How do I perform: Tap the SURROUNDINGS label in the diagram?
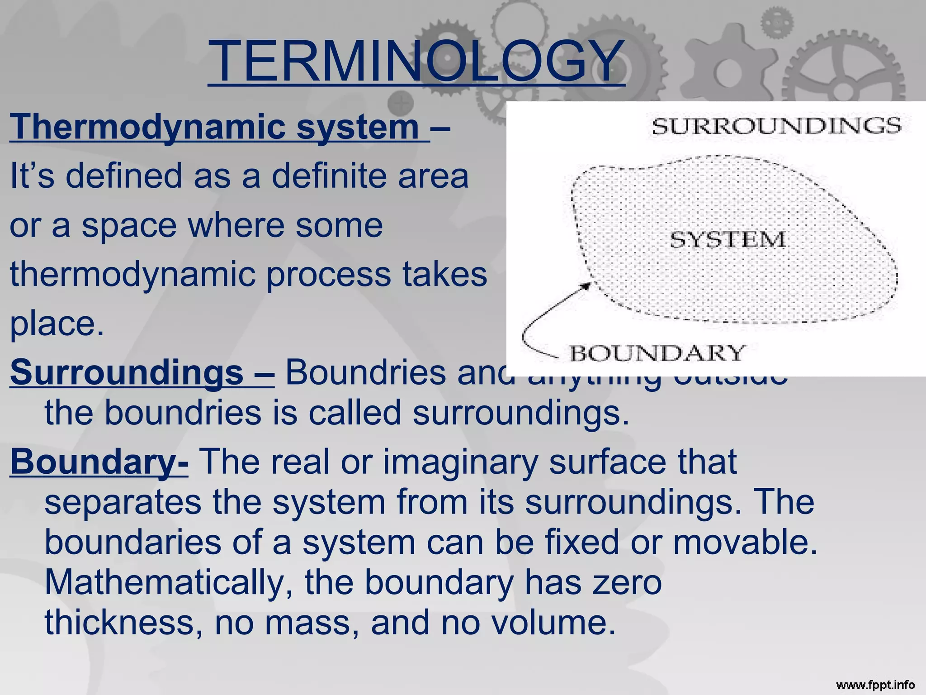776,126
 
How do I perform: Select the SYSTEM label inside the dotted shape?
728,239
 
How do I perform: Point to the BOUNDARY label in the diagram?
657,353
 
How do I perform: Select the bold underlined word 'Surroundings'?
127,372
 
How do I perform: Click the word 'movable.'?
746,542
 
